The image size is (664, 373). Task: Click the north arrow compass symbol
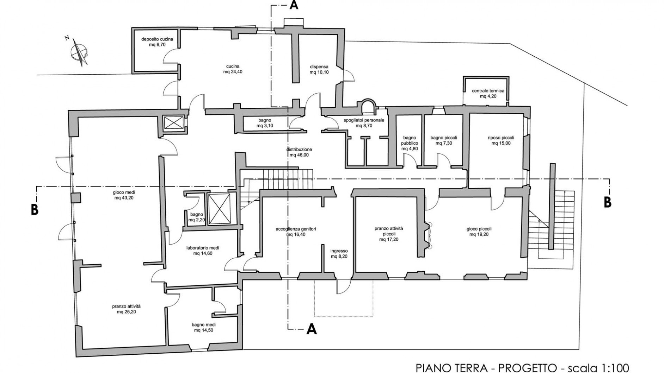(80, 52)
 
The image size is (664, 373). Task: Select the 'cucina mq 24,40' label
(233, 69)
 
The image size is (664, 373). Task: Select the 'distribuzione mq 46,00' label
(299, 152)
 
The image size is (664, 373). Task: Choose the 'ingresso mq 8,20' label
(339, 254)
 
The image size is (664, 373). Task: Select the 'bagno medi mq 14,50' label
(203, 327)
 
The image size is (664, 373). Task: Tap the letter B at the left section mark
(35, 210)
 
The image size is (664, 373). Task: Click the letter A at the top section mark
(294, 6)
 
